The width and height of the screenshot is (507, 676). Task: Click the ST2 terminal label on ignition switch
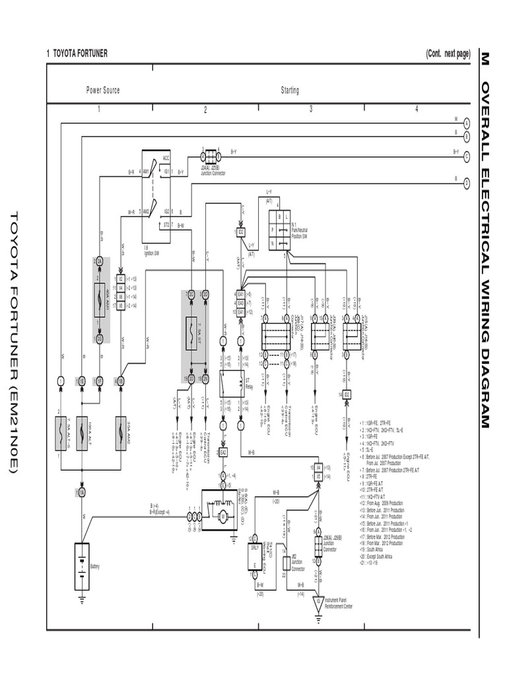click(166, 224)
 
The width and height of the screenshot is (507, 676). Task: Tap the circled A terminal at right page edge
click(466, 123)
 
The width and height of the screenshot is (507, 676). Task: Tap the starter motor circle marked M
click(223, 516)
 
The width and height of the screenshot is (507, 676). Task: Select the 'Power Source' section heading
click(103, 90)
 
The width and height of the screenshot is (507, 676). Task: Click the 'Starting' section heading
click(290, 90)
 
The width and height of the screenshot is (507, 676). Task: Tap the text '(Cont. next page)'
click(448, 53)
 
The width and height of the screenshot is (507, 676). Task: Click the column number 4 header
click(417, 110)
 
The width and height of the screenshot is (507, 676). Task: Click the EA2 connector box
click(223, 452)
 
